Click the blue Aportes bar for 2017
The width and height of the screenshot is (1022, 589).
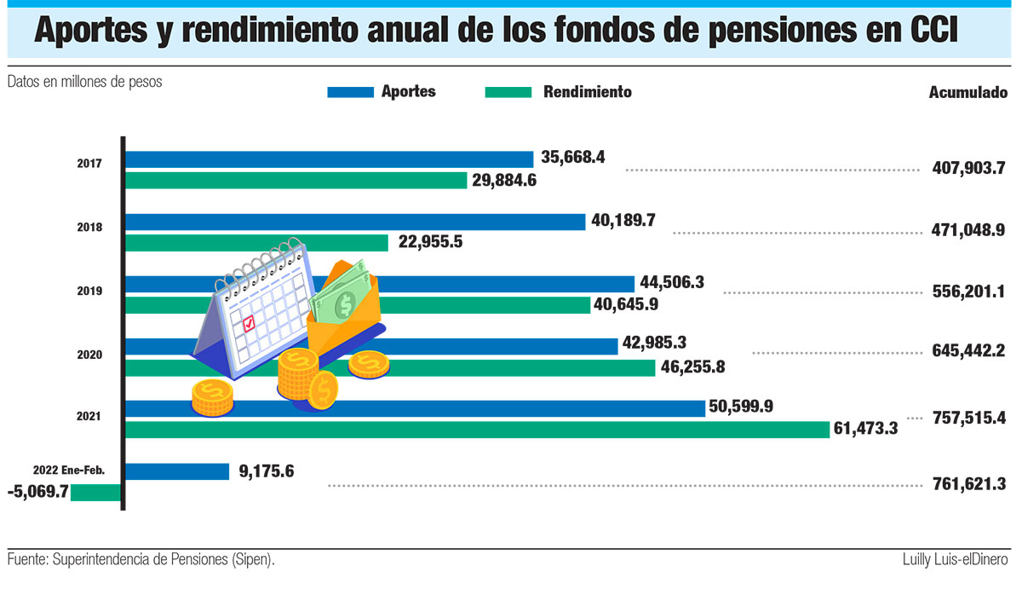330,159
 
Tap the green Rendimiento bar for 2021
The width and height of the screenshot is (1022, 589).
477,430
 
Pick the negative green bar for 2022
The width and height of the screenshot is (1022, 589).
95,493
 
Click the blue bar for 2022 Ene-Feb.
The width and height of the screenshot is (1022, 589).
178,471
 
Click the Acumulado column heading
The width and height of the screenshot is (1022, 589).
967,93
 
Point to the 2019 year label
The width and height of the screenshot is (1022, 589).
90,291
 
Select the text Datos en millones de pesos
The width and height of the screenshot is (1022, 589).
85,82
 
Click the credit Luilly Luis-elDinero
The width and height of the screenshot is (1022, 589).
956,560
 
